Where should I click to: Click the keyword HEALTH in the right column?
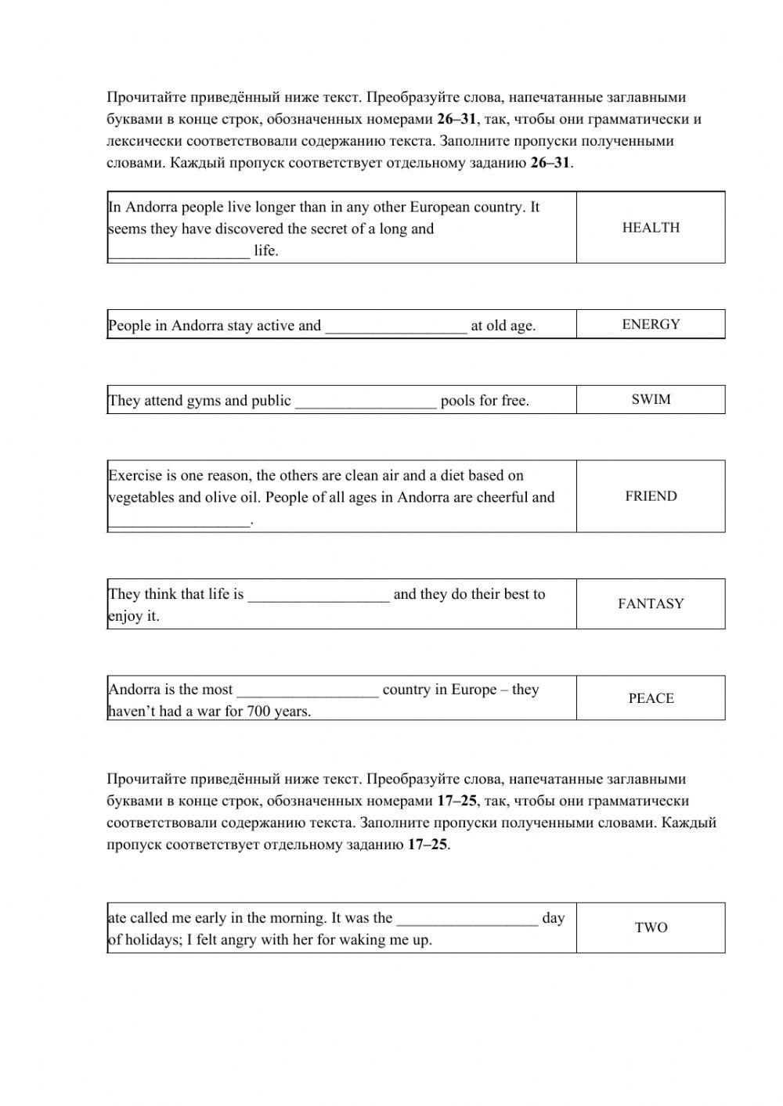[651, 228]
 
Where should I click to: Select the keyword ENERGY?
[651, 324]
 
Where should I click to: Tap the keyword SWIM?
[651, 399]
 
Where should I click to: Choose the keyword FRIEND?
[651, 496]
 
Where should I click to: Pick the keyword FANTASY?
[651, 603]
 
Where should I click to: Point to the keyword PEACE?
[651, 698]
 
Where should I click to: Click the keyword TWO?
[651, 928]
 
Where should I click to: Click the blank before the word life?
[179, 252]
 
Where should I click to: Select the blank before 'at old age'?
[395, 327]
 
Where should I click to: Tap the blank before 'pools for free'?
[366, 402]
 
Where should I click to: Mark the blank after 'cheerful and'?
[179, 521]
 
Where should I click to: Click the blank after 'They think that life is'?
[319, 596]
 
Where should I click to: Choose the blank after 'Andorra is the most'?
[308, 691]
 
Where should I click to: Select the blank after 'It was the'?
[467, 919]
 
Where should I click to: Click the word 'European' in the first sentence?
[442, 207]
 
